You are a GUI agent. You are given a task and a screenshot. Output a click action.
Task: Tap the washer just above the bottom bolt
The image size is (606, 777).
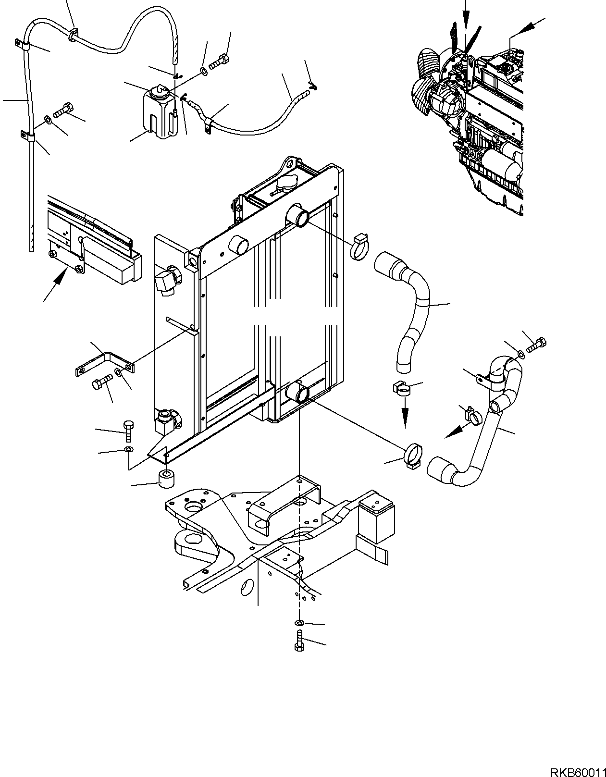(x=299, y=624)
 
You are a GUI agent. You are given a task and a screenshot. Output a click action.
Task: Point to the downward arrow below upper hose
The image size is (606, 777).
(x=405, y=416)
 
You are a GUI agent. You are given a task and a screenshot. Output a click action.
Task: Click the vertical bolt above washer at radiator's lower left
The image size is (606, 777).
(x=128, y=431)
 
